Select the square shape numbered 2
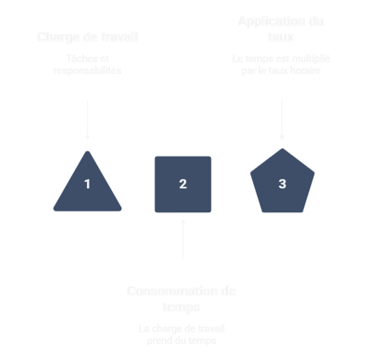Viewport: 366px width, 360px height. [x=183, y=184]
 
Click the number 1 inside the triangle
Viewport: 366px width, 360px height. [x=88, y=184]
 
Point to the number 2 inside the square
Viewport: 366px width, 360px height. [x=183, y=184]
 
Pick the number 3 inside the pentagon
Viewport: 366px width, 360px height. [x=282, y=184]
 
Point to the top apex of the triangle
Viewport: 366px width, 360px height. [x=88, y=150]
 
